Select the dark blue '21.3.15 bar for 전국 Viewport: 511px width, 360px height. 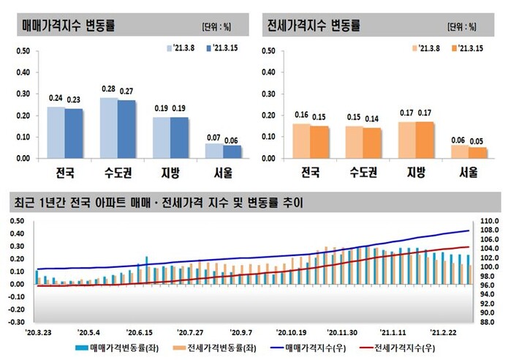pos(74,133)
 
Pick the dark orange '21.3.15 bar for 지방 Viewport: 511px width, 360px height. pos(425,140)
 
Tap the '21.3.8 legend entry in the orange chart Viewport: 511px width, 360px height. pos(428,48)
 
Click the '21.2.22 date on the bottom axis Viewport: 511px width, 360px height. pos(447,331)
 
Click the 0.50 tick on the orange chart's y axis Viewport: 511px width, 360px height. pos(268,51)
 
